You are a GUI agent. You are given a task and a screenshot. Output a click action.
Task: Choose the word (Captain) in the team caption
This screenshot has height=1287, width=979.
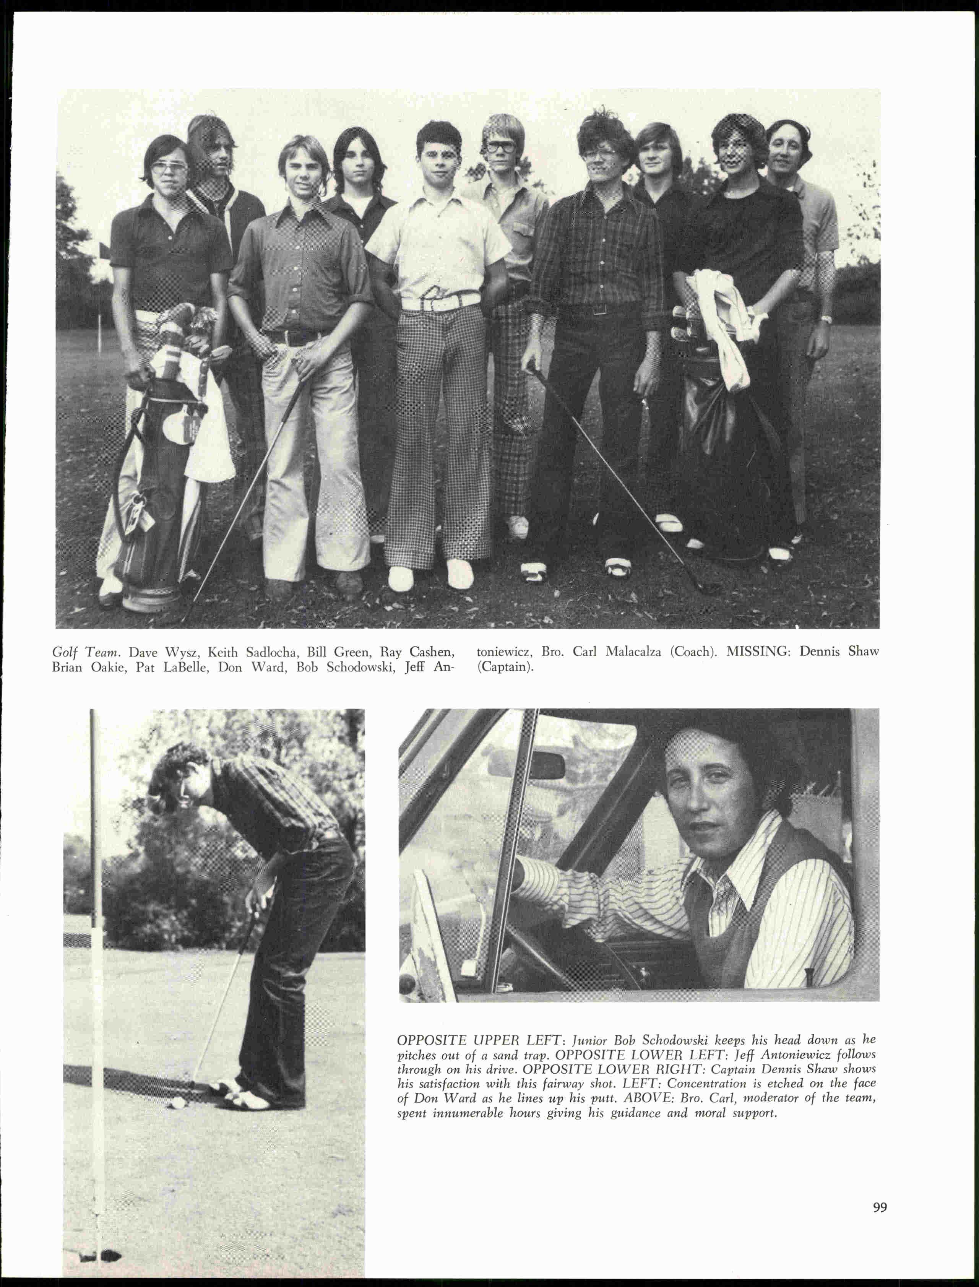tap(505, 667)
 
